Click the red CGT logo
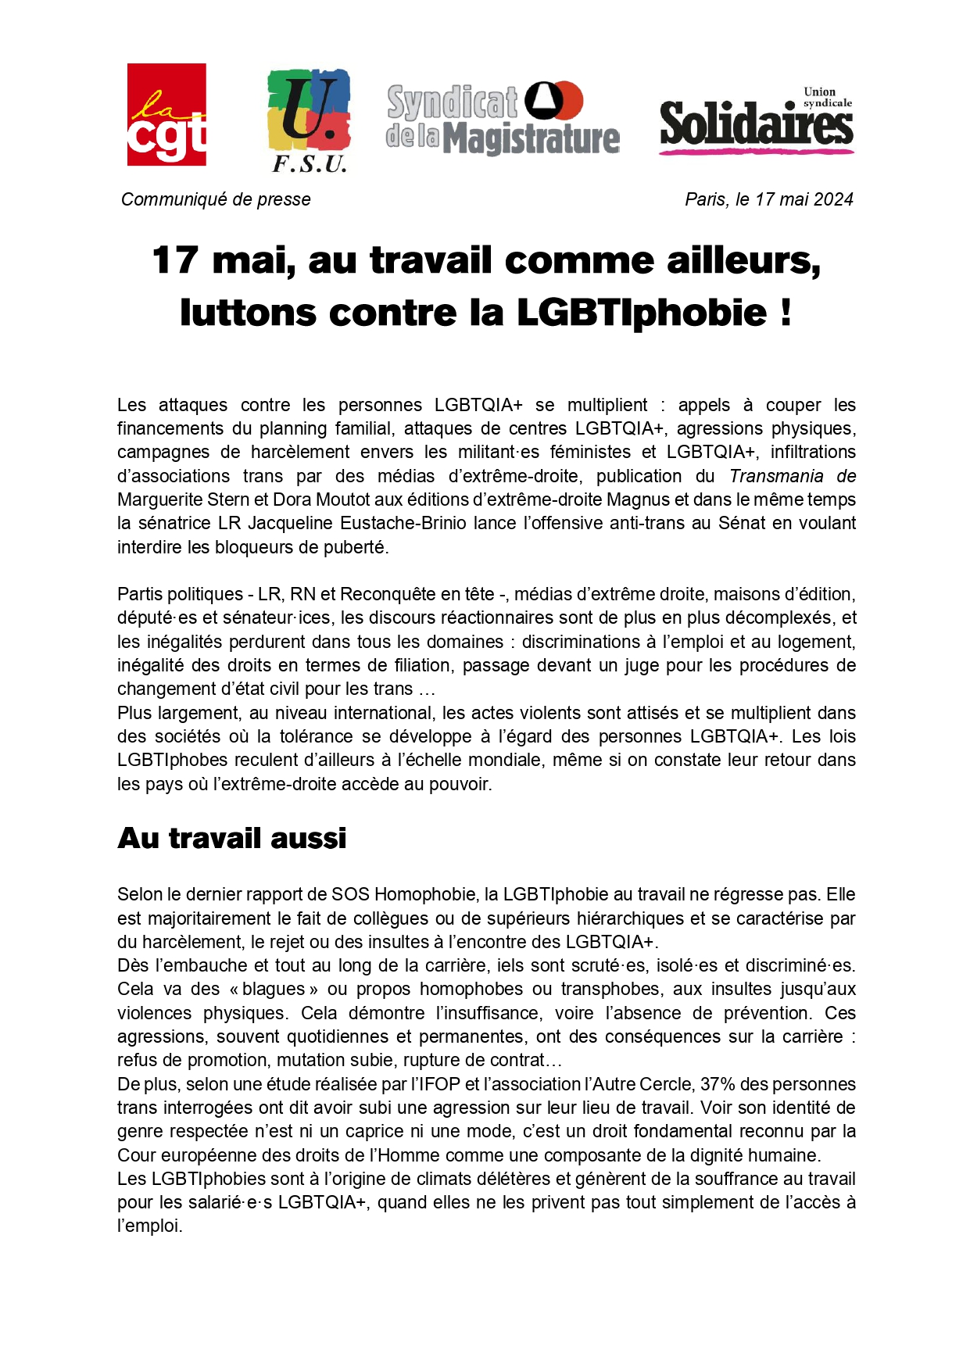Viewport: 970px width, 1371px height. click(166, 114)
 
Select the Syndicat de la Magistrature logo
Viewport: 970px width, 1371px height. click(503, 119)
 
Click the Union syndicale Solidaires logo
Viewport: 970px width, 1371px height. click(756, 121)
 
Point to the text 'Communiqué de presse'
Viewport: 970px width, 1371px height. click(216, 200)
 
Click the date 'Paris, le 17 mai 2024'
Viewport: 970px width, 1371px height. click(768, 200)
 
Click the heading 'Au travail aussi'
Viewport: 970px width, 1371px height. click(232, 839)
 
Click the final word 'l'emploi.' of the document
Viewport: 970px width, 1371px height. click(150, 1226)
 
